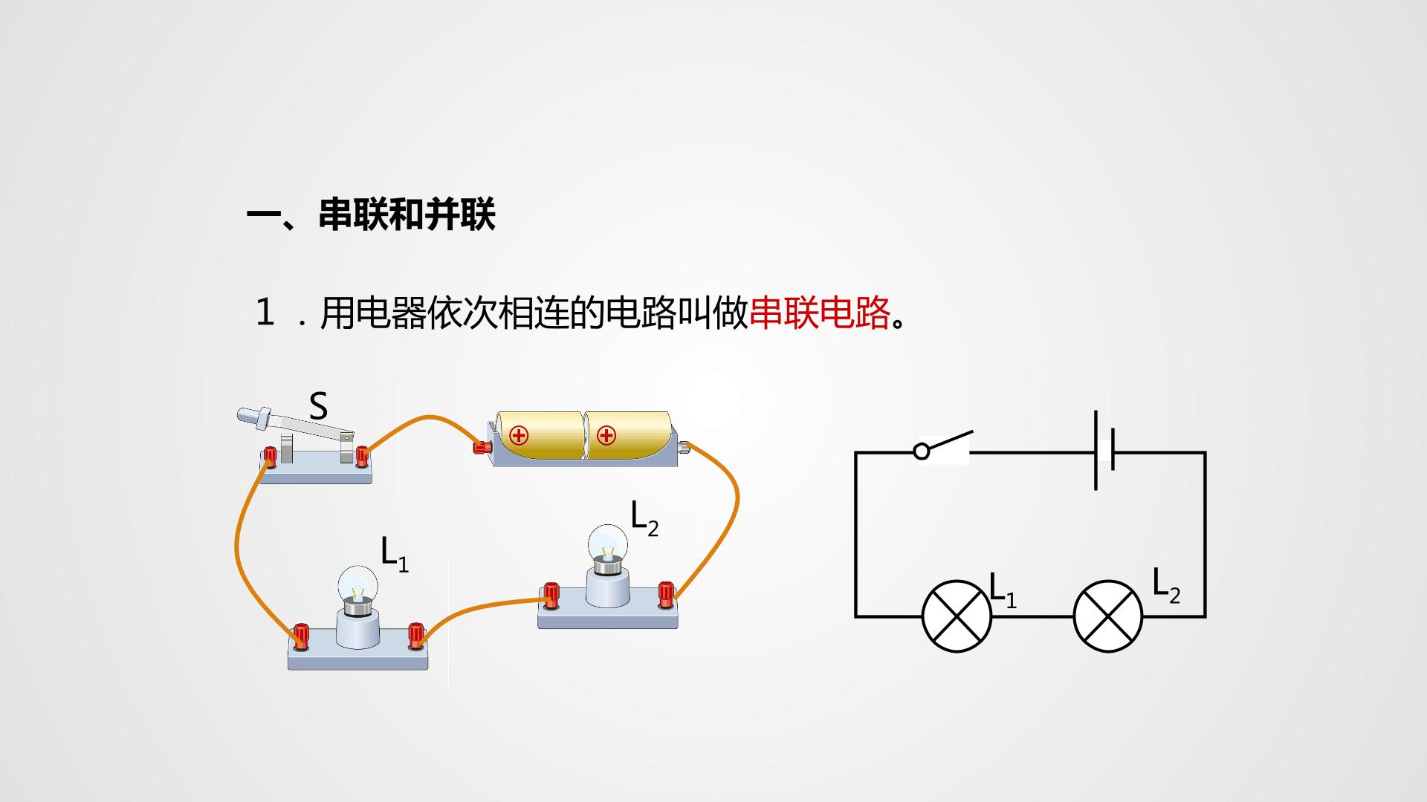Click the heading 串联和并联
click(x=407, y=215)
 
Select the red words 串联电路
click(x=820, y=313)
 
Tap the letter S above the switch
click(x=318, y=406)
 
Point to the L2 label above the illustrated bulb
click(x=644, y=518)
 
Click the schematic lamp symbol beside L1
click(x=957, y=616)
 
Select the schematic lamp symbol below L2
click(x=1108, y=616)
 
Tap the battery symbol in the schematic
click(x=1104, y=451)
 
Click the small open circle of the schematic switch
click(x=922, y=451)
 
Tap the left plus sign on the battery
click(x=519, y=435)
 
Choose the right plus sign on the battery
click(x=606, y=435)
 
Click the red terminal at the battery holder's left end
click(x=482, y=447)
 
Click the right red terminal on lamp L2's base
click(x=665, y=596)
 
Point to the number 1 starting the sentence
click(x=265, y=313)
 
